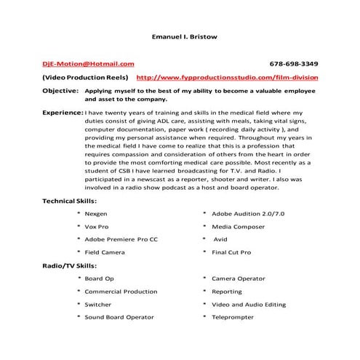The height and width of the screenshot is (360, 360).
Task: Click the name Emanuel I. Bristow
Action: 180,35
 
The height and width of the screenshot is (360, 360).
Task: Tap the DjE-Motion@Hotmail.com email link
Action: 88,64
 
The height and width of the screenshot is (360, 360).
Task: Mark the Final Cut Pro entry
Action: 231,252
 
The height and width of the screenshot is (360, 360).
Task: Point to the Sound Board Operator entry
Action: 119,317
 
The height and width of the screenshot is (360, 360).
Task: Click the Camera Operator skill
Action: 238,279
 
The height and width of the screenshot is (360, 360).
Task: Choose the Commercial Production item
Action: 121,292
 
